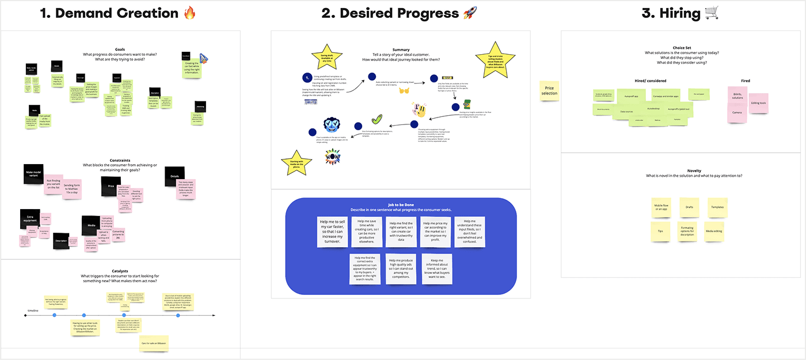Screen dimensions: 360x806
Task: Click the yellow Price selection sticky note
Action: [549, 90]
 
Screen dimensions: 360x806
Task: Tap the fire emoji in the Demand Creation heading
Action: [190, 13]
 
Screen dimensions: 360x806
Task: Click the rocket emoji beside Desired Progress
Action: [468, 13]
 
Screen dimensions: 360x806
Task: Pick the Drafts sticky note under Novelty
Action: [689, 207]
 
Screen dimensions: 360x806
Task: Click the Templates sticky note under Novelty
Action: [717, 207]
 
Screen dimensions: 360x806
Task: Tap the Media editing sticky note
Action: [714, 232]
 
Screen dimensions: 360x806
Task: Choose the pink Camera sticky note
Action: [737, 113]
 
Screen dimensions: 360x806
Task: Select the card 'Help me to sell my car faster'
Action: [333, 232]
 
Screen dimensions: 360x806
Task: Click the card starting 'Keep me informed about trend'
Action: [437, 268]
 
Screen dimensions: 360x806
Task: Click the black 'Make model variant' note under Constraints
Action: [35, 174]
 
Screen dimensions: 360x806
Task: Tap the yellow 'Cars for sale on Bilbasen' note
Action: [154, 343]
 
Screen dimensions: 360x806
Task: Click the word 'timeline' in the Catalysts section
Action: [33, 311]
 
